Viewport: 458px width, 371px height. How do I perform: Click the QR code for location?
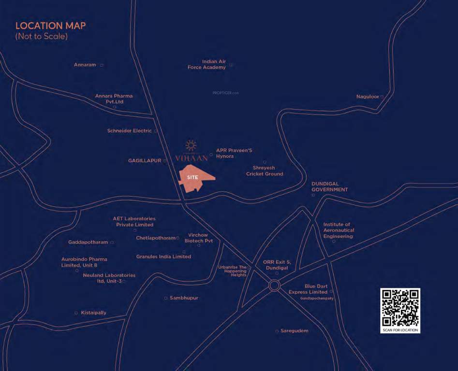(400, 308)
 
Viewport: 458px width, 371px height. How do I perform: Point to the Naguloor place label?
(368, 97)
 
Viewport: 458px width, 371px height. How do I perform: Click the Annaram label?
(85, 65)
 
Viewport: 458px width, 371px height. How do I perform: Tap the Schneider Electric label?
(130, 131)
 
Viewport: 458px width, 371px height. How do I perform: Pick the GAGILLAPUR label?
(145, 160)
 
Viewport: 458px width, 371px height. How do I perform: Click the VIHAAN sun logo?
(192, 145)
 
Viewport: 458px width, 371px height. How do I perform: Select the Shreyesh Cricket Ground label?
(265, 171)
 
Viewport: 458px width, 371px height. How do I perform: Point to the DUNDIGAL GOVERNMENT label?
(329, 187)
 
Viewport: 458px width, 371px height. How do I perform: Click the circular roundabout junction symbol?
(274, 285)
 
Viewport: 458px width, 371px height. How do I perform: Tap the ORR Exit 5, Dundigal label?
(275, 265)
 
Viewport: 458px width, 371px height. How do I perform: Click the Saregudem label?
(295, 331)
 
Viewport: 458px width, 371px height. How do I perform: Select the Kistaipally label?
(94, 313)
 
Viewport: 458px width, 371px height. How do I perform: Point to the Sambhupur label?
(184, 298)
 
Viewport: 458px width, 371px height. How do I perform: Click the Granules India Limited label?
(163, 257)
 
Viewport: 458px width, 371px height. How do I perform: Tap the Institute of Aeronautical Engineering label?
(339, 230)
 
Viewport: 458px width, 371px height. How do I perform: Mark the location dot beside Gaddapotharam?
(112, 243)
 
